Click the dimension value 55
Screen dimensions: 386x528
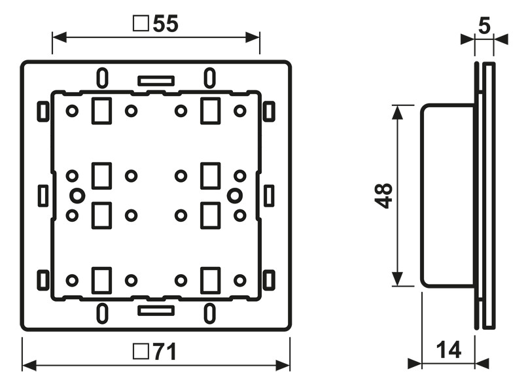tap(165, 24)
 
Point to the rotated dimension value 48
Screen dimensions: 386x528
tap(384, 196)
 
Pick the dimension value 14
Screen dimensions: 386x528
tap(448, 350)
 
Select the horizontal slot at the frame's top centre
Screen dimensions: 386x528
tap(156, 80)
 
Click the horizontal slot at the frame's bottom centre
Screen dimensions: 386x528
tap(156, 310)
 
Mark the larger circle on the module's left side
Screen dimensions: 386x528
tap(77, 195)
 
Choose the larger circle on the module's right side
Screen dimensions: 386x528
tap(234, 195)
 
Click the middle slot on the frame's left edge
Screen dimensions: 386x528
tap(43, 195)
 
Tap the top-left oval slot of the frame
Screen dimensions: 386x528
tap(103, 78)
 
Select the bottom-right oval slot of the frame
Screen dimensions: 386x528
tap(209, 313)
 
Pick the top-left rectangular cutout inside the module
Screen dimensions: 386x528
tap(101, 111)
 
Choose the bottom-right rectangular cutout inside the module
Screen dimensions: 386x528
tap(209, 280)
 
